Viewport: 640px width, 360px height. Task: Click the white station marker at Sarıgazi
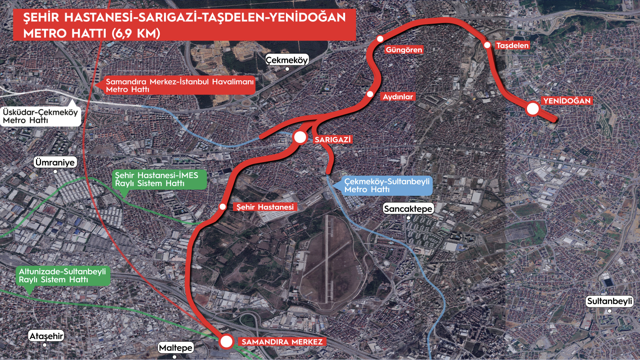click(300, 137)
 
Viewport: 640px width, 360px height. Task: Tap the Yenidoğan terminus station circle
click(533, 109)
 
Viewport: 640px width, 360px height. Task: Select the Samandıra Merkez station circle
click(226, 341)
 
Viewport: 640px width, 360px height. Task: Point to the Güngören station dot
click(380, 39)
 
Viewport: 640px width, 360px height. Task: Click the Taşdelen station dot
click(487, 45)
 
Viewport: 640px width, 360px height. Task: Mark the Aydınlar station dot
click(370, 94)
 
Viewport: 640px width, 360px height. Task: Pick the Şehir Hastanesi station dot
click(223, 207)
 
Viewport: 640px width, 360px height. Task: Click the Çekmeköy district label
click(287, 60)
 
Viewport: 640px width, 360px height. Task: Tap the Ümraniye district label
click(55, 162)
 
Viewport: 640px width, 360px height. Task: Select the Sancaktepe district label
click(408, 209)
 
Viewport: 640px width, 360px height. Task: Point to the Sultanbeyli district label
click(609, 301)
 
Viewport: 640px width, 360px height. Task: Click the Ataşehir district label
click(46, 336)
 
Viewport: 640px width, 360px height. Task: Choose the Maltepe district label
click(175, 348)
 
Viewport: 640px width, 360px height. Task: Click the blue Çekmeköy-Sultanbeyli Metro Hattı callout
click(387, 185)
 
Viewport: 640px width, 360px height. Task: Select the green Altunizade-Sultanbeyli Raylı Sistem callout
click(62, 276)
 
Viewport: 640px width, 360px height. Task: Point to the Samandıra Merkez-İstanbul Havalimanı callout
click(180, 85)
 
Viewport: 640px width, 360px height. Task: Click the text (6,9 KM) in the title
click(136, 33)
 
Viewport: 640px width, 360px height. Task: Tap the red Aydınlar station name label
click(398, 97)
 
